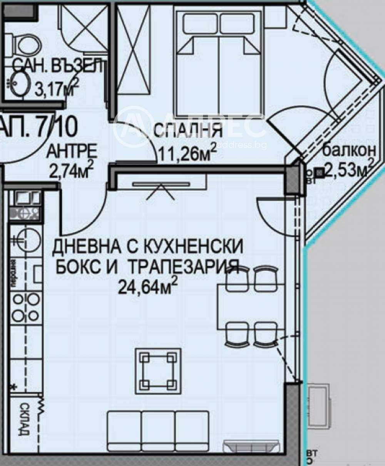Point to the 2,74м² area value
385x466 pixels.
[72, 169]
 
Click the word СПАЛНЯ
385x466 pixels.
[188, 131]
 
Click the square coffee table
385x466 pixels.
[158, 370]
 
